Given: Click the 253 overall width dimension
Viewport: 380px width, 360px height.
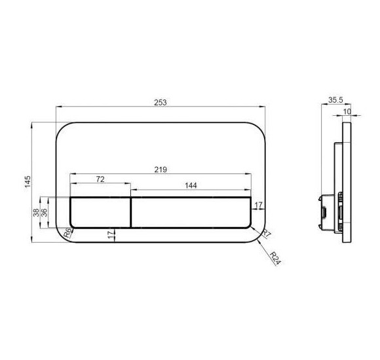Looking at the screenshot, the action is pos(161,102).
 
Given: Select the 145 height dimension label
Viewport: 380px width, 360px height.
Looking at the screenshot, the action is pos(28,181).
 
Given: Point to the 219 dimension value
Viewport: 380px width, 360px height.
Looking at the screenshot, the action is pos(161,170).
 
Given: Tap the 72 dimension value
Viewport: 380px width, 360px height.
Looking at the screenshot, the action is pos(100,179).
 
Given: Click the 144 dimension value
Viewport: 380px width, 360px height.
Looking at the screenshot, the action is pos(191,185).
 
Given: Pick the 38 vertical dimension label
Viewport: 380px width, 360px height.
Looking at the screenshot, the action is pos(36,213).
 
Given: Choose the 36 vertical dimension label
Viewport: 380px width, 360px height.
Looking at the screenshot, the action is pos(45,213).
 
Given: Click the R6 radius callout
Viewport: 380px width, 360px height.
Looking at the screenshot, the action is pos(68,233).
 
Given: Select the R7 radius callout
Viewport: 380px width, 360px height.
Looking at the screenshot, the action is pos(267,234).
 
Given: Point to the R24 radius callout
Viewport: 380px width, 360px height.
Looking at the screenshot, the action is pos(275,258).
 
